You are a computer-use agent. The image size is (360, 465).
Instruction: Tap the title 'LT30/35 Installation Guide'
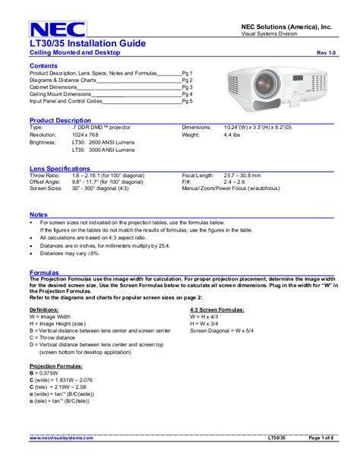coord(88,45)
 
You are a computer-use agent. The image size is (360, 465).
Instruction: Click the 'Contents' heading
coord(43,66)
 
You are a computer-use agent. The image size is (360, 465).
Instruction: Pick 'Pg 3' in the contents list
coord(187,87)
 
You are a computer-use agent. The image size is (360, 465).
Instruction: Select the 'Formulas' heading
coord(44,270)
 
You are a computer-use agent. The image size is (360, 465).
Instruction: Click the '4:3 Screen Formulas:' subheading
coord(216,310)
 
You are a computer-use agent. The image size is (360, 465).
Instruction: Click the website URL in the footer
coord(62,438)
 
